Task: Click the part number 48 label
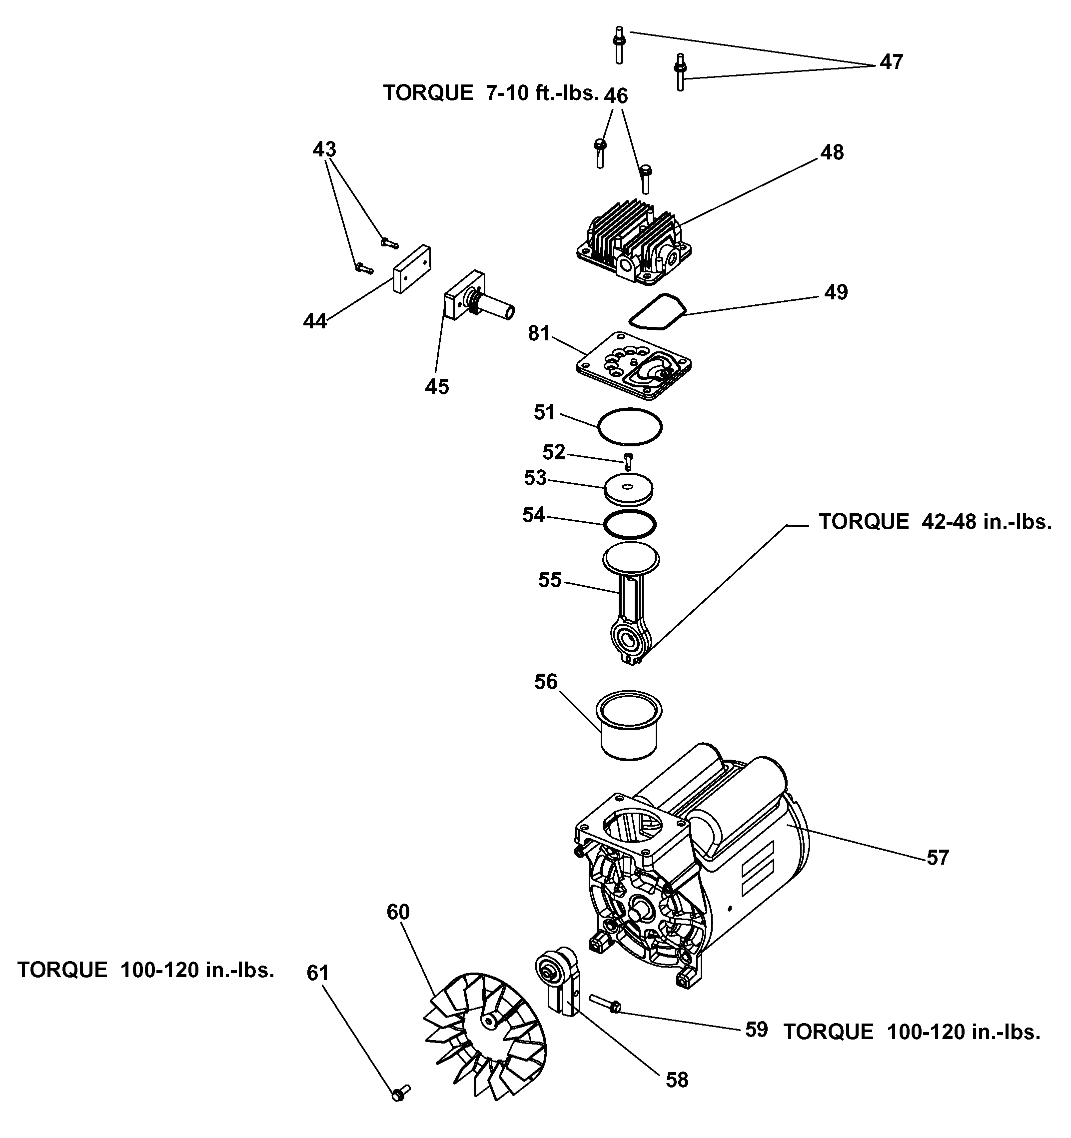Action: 832,152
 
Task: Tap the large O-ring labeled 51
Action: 630,426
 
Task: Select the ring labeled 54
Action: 630,524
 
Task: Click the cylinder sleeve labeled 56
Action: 630,724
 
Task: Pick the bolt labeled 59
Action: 605,1003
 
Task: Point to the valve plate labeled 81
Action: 634,365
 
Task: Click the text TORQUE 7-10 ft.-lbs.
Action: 491,93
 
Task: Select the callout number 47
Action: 891,62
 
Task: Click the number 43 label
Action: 324,149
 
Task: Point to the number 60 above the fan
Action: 398,912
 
